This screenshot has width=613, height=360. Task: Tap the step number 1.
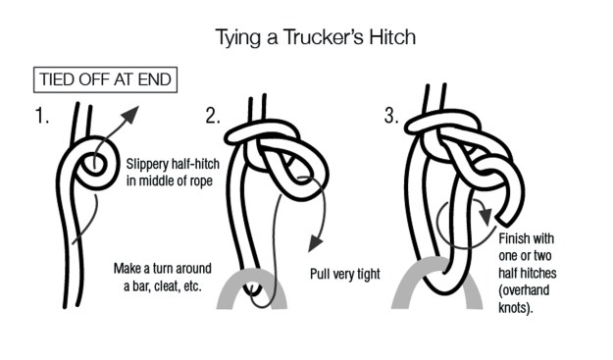pyautogui.click(x=42, y=118)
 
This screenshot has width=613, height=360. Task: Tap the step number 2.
pyautogui.click(x=213, y=118)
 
